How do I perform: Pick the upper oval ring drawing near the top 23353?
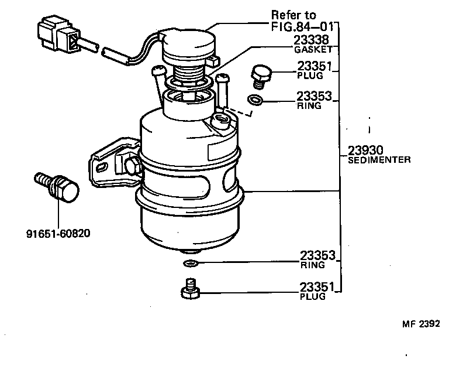(255, 99)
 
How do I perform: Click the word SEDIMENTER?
(379, 159)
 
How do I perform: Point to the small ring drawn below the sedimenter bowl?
(191, 262)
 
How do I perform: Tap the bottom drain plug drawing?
(191, 289)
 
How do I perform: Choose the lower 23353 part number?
(317, 255)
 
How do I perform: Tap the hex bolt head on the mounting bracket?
(132, 166)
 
